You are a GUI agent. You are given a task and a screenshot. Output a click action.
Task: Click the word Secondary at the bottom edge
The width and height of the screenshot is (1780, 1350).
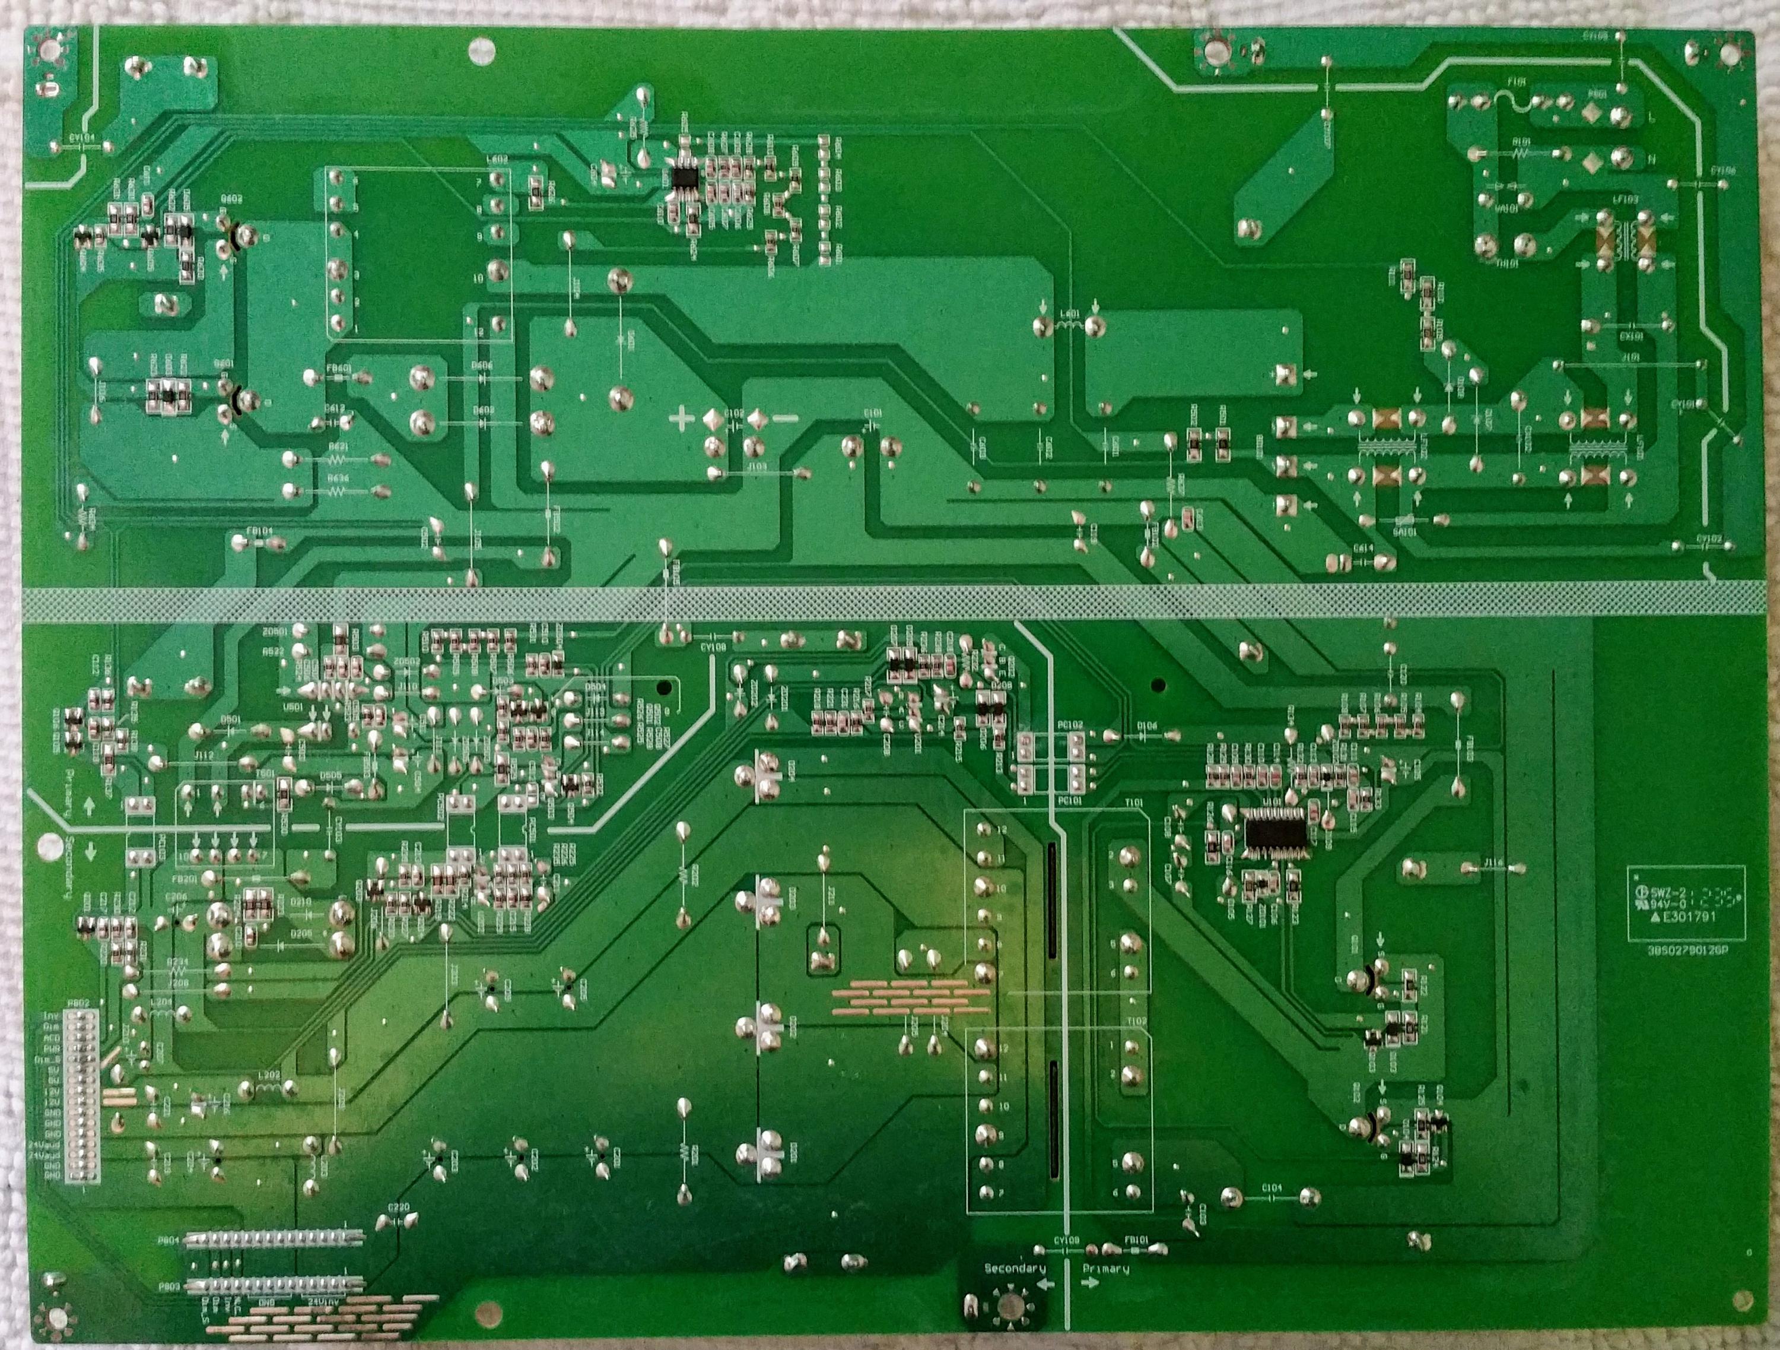pos(1015,1269)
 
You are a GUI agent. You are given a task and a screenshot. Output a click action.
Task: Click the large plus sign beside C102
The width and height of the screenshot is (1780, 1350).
pos(682,418)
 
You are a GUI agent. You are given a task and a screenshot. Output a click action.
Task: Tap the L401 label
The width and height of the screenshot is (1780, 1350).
pos(1069,313)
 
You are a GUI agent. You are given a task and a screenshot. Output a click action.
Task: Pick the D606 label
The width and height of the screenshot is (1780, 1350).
pos(483,365)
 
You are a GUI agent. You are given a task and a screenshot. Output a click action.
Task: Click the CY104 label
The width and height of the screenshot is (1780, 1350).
pos(81,138)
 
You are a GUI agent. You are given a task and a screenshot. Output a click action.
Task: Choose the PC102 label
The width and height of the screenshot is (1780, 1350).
pos(1071,724)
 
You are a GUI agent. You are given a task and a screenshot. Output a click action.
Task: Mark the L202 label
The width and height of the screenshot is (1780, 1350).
pos(268,1075)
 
